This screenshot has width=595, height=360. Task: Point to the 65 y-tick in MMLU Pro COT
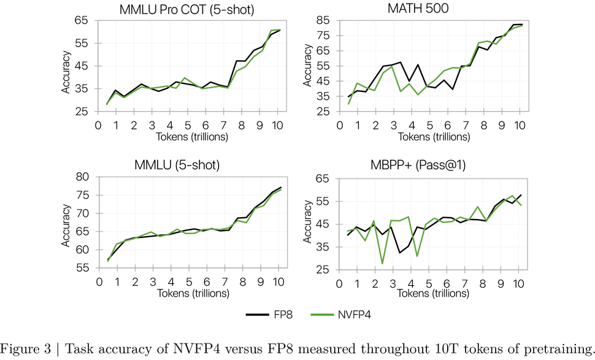(82, 20)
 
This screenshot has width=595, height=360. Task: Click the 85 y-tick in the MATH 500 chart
(324, 20)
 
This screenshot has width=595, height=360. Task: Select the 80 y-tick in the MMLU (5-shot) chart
(82, 177)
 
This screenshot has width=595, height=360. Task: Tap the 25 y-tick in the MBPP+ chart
(324, 270)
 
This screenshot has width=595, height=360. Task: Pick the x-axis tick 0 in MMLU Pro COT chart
(98, 125)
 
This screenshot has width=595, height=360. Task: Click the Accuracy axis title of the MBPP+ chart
(307, 224)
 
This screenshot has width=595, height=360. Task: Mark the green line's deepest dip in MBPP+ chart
(382, 264)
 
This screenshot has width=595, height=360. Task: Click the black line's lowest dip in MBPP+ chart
(400, 253)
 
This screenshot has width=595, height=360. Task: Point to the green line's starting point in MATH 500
(349, 104)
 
